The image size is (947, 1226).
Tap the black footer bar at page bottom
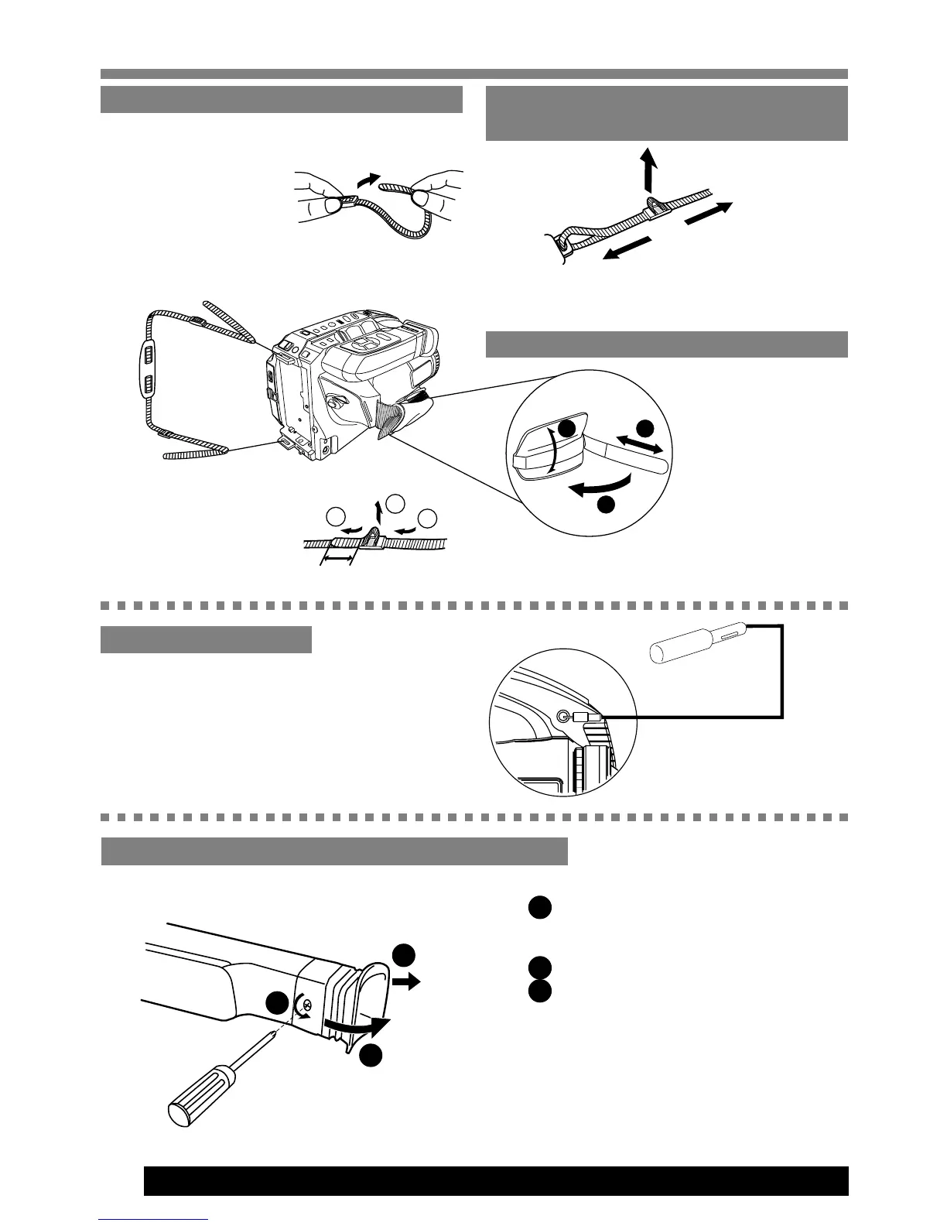(x=495, y=1181)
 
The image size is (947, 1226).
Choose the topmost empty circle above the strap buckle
(x=395, y=502)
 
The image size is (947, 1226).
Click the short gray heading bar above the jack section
(x=206, y=640)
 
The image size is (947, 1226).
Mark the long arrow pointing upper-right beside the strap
(x=707, y=214)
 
